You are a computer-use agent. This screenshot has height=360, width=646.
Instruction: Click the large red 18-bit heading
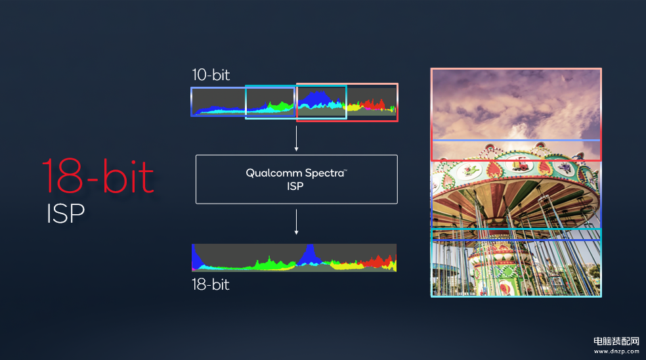coord(98,176)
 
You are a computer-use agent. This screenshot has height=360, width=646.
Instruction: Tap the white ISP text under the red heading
coord(66,214)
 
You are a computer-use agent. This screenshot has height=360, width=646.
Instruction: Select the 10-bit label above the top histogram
coord(211,75)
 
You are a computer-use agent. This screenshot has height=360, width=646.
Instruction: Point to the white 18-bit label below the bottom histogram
coord(211,284)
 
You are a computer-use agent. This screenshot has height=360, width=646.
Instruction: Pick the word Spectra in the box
coord(325,173)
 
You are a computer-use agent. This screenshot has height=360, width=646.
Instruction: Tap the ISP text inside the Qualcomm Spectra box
coord(295,187)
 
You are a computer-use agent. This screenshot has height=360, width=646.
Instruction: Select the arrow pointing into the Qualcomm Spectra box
coord(296,139)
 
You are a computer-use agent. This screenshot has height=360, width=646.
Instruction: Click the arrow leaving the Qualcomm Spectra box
coord(296,222)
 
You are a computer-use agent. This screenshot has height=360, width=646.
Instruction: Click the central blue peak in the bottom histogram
coord(309,254)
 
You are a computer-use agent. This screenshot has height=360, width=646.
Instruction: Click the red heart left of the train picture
coord(494,169)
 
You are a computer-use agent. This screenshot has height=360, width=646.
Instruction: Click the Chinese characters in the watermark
coord(616,341)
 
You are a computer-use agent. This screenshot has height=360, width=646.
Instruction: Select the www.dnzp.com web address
coord(616,351)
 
